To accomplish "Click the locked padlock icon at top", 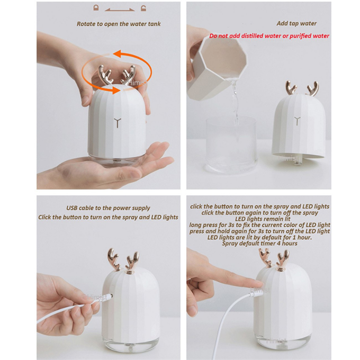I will [96, 8].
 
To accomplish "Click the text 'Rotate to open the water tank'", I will [119, 24].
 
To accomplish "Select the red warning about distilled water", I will [269, 36].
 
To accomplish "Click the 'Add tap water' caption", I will [296, 24].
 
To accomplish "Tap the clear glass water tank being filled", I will [231, 143].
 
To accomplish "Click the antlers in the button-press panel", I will [274, 259].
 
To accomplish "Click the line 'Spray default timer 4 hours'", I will [259, 244].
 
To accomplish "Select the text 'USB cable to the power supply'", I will [108, 208].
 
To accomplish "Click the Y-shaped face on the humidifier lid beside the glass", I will [297, 121].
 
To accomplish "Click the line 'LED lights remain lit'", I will [259, 219].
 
